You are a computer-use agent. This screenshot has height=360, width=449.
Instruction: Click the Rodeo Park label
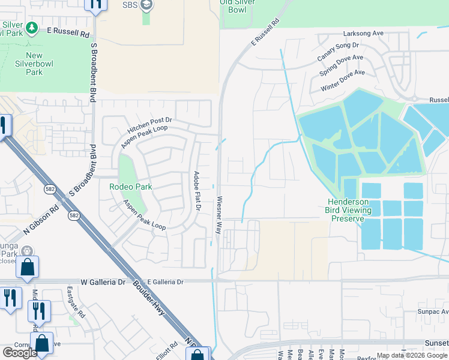click(130, 187)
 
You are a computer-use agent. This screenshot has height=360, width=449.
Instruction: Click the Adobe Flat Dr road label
click(196, 191)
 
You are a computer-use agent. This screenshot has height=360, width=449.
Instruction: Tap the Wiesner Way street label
click(220, 215)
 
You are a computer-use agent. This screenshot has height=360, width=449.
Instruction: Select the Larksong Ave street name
click(363, 34)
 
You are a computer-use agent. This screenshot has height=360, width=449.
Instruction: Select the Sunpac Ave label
click(433, 312)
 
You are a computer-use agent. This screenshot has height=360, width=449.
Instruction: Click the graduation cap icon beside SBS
click(146, 5)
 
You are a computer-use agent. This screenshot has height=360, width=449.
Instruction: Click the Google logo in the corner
click(20, 352)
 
